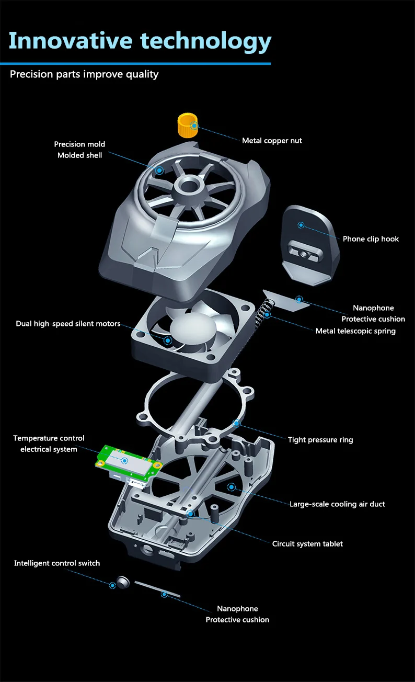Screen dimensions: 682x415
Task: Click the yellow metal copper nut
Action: [x=186, y=126]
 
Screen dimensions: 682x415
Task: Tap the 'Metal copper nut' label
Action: [x=272, y=141]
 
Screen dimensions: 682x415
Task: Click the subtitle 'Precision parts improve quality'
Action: [x=84, y=74]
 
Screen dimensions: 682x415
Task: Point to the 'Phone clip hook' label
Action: [x=371, y=239]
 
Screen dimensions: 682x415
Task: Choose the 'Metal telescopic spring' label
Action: [x=355, y=331]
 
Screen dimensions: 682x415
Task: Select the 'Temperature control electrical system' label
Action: [x=49, y=444]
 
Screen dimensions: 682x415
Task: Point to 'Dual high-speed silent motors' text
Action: [x=68, y=324]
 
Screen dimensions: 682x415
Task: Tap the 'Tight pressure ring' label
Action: [x=320, y=440]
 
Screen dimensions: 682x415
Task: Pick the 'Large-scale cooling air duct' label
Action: [x=337, y=504]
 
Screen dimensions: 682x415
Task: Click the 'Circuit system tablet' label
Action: [x=307, y=544]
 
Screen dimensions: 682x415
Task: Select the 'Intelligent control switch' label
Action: [x=57, y=563]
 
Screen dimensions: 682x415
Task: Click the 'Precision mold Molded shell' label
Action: [x=79, y=150]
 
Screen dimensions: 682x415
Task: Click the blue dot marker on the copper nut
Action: [x=194, y=126]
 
